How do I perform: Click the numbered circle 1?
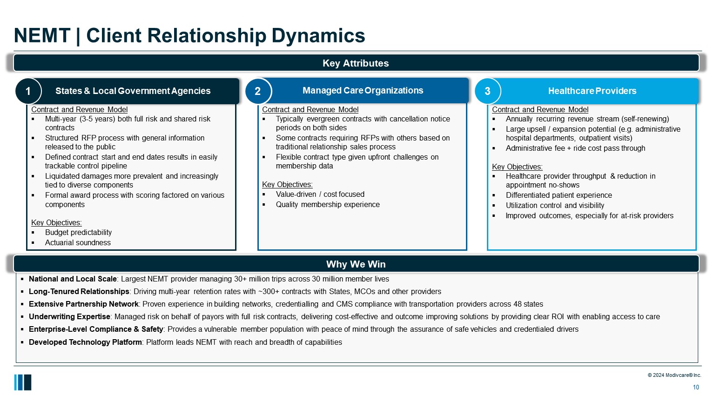[28, 91]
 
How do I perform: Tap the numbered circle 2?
[258, 91]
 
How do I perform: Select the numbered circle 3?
[487, 91]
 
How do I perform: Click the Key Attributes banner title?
[356, 63]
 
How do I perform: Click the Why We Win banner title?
[356, 264]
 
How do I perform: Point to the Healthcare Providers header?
[592, 91]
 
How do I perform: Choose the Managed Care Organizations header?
[363, 91]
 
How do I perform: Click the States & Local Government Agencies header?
[133, 91]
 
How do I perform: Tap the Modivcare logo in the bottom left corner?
[23, 382]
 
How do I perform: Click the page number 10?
[696, 387]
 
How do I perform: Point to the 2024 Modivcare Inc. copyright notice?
[674, 375]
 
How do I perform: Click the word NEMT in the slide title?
[42, 36]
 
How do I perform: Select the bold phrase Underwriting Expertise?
[69, 317]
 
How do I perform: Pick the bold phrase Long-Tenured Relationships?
[79, 292]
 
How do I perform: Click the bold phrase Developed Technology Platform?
[85, 342]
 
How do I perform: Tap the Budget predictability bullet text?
[78, 233]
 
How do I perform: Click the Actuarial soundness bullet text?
[78, 243]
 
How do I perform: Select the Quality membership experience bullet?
[328, 205]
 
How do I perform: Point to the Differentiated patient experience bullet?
[559, 195]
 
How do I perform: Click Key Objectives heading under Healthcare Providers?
[517, 167]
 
